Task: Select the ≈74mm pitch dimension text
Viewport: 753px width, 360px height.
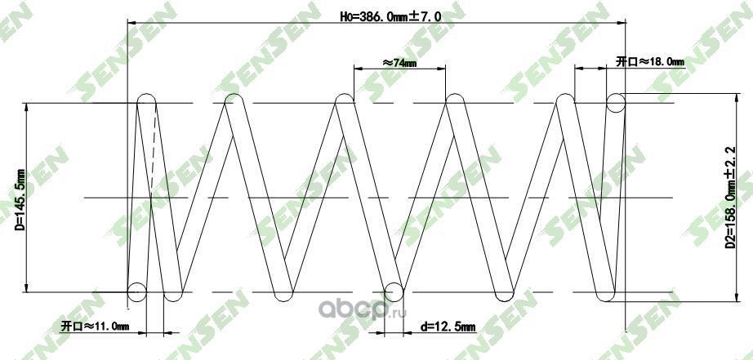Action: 399,61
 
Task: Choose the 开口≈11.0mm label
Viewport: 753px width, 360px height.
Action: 96,327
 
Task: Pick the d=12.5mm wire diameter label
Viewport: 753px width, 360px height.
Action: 448,327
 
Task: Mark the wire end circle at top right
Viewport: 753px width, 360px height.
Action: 616,102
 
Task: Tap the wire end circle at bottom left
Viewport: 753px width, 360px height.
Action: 138,291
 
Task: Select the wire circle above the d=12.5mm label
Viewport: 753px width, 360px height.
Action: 393,291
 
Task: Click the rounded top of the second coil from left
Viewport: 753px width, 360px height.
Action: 234,98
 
